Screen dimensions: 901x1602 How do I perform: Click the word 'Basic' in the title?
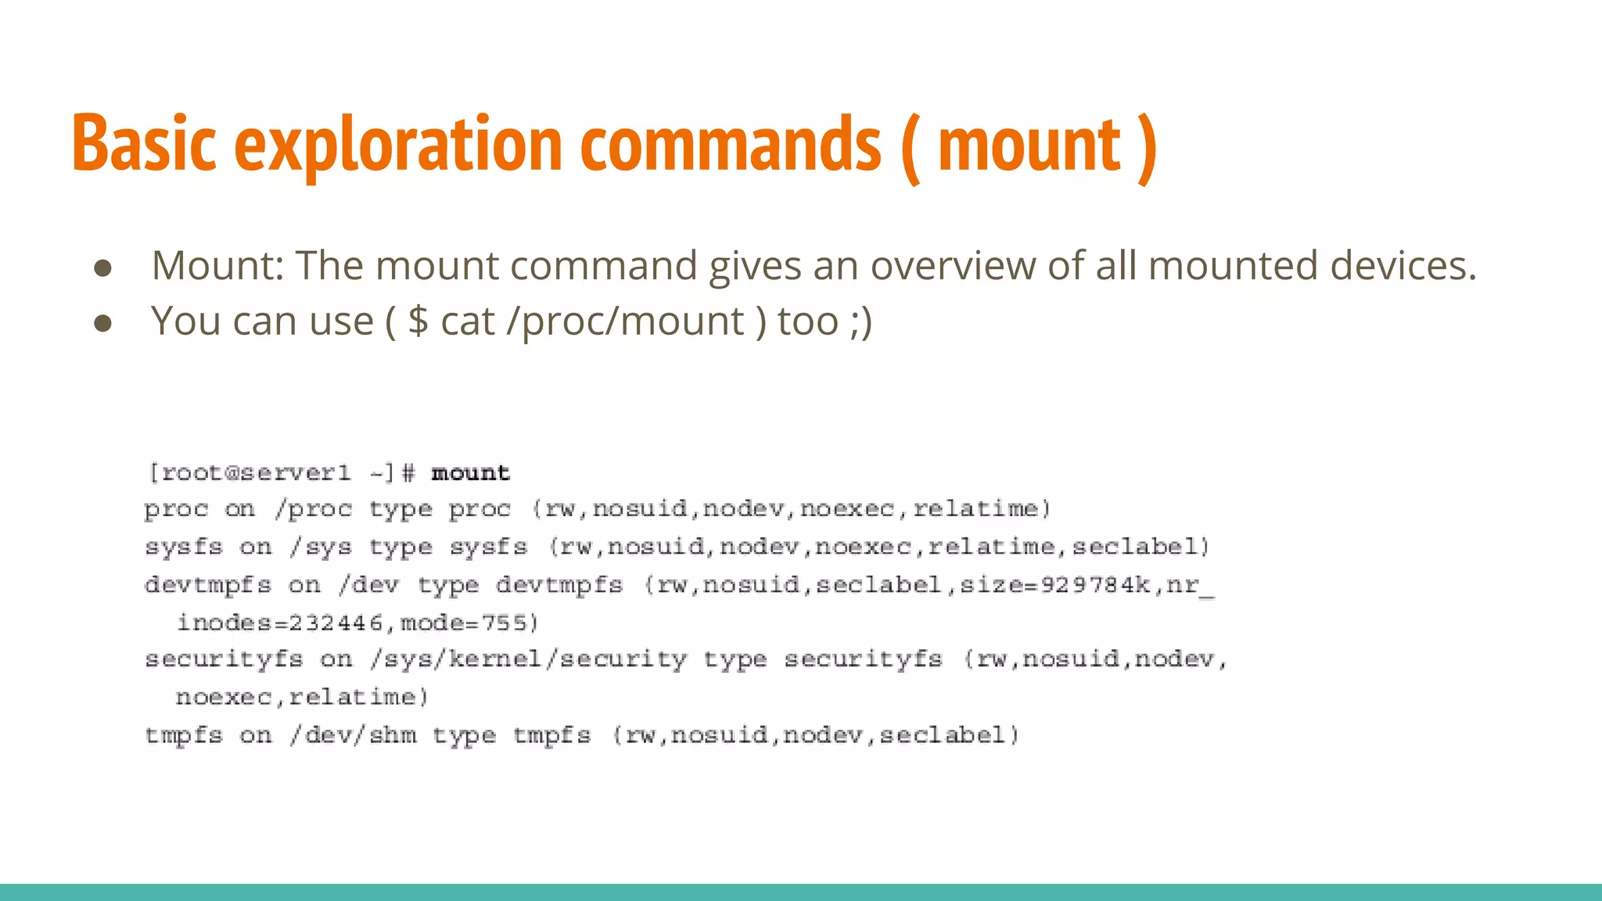144,144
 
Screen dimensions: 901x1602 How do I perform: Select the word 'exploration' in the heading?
398,144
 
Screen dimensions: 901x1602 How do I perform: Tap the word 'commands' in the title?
731,144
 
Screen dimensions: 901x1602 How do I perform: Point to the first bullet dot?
102,268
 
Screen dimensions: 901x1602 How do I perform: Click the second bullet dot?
102,323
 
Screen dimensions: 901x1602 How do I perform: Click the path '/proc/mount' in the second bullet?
625,321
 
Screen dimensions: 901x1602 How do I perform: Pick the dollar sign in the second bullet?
418,321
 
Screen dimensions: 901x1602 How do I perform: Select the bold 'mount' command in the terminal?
470,473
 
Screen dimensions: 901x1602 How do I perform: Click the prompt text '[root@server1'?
250,473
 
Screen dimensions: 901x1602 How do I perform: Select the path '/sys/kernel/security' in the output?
529,659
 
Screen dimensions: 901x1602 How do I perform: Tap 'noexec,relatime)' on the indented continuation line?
302,697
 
